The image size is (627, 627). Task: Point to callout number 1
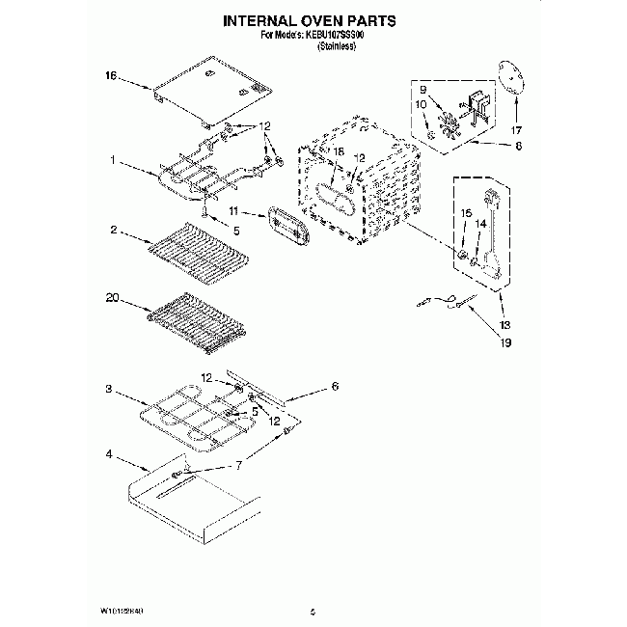click(x=113, y=161)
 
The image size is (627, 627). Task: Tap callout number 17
click(x=515, y=129)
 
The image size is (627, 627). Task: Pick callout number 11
click(x=234, y=211)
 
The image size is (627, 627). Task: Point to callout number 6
click(x=335, y=386)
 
